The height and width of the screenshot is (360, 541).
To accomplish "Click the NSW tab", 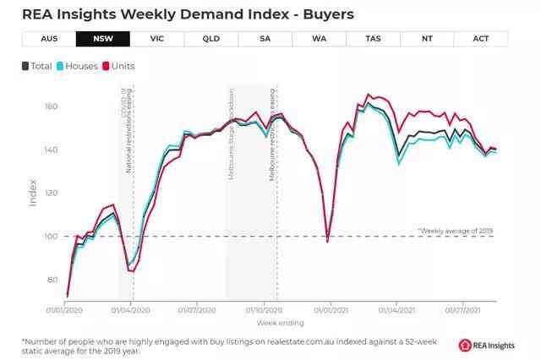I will (x=103, y=39).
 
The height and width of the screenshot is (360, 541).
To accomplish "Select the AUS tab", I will (x=48, y=39).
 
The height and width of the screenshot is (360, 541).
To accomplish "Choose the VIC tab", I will (x=156, y=39).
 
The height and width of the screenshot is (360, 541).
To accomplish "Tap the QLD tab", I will (x=210, y=39).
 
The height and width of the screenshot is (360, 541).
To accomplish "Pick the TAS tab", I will (x=373, y=39).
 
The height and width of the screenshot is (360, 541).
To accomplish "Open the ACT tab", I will (x=481, y=39).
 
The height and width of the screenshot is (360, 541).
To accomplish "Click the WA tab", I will (x=319, y=39).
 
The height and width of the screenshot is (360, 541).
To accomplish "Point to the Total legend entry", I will (x=36, y=66).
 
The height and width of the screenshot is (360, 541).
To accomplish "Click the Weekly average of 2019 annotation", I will (x=456, y=230).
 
